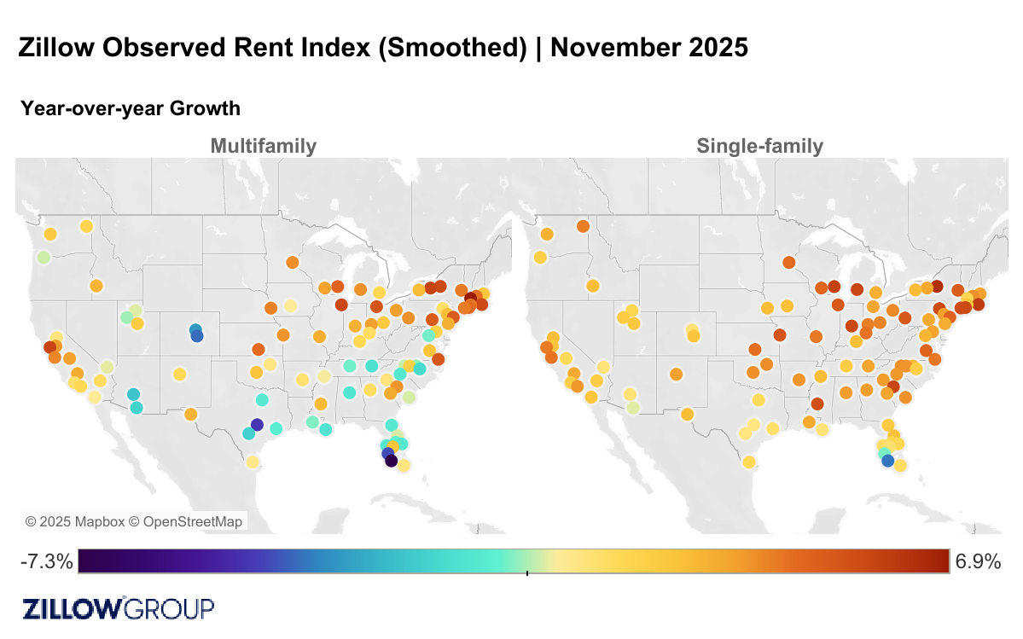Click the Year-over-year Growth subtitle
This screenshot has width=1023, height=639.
click(x=131, y=108)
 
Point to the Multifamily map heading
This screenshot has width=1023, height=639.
click(x=263, y=146)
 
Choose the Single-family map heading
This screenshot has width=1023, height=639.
click(x=759, y=146)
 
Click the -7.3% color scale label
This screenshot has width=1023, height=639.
click(x=46, y=561)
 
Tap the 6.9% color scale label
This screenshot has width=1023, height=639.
click(x=978, y=561)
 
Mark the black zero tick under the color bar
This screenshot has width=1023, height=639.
click(x=527, y=573)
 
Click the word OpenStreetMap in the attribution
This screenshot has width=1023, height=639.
click(x=192, y=521)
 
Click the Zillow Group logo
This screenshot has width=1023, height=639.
click(x=118, y=608)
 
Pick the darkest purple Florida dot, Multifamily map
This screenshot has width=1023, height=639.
click(x=391, y=461)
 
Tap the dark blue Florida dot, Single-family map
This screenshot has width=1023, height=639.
click(x=887, y=461)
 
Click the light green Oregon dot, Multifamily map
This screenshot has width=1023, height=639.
click(x=44, y=257)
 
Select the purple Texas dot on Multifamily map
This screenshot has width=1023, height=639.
click(x=258, y=425)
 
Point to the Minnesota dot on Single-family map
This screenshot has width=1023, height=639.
click(x=788, y=262)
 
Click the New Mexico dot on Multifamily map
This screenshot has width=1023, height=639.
click(x=179, y=374)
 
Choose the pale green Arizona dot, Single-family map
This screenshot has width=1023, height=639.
click(x=632, y=407)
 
